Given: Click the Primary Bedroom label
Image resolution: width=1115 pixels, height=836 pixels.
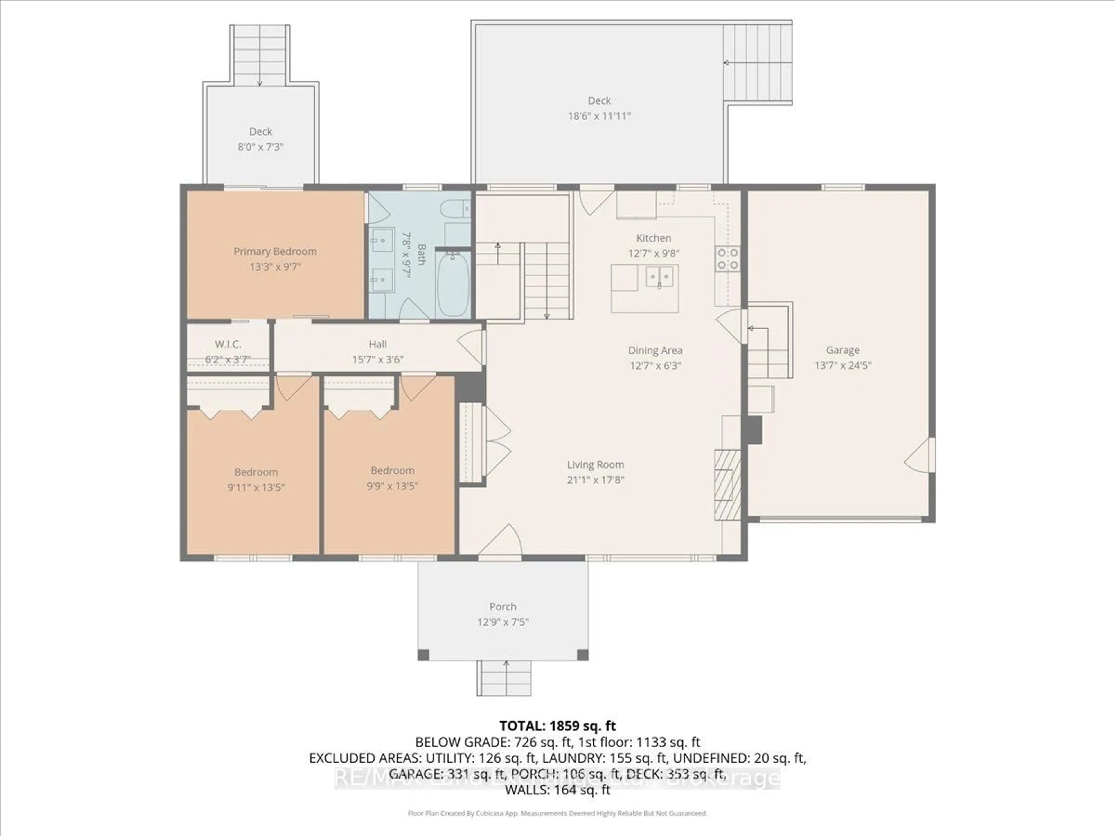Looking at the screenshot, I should coord(275,251).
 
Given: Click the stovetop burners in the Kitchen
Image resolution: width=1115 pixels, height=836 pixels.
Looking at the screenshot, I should coord(728,259).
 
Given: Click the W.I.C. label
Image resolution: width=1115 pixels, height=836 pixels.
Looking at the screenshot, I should coord(228,344).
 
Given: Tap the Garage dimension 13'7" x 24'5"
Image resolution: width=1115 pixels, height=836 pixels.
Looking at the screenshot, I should coord(843,365).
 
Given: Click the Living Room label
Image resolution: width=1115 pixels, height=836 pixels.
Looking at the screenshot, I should coord(595,465).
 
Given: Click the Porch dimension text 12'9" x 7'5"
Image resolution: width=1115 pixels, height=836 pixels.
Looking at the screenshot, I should coord(503,622).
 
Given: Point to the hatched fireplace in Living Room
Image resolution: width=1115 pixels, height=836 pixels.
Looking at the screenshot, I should coord(727,485).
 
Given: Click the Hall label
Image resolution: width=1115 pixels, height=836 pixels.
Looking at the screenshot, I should coord(377,344).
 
